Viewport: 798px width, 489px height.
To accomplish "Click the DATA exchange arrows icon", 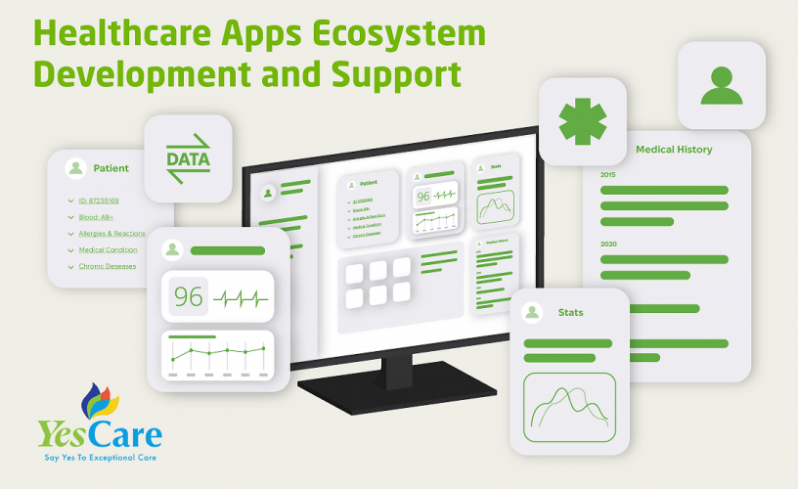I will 188,158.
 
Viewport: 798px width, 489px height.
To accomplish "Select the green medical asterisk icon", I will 582,121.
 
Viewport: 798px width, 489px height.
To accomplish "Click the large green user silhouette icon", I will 722,85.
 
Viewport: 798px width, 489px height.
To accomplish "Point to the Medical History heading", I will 674,150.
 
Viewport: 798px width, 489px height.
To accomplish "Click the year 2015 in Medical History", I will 608,174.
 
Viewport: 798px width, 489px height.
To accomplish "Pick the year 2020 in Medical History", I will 608,244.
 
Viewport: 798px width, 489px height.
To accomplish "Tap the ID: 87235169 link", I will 99,200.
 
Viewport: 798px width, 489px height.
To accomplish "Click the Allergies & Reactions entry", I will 111,234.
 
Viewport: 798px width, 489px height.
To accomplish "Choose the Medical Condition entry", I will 107,250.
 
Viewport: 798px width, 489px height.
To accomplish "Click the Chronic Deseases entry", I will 107,266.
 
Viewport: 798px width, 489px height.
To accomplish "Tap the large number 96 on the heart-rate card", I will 188,297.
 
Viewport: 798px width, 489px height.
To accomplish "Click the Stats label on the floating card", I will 570,312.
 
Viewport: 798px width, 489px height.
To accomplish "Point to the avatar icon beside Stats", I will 533,312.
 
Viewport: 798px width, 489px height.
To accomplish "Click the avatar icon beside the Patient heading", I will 75,168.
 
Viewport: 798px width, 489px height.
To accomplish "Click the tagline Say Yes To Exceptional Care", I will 101,457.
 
